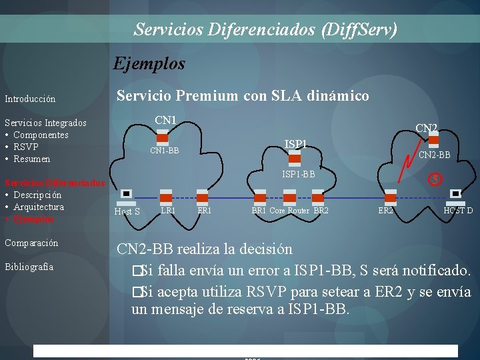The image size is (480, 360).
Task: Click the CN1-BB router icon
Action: tap(162, 138)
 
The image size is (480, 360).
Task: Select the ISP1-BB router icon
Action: tap(291, 161)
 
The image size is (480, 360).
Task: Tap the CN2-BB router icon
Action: tap(434, 139)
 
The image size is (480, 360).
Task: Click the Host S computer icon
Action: tap(125, 195)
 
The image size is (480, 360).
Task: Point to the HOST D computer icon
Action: tap(457, 195)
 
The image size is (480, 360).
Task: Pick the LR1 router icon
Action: tap(165, 196)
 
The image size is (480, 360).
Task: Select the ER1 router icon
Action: tap(203, 196)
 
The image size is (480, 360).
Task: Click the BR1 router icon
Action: tap(259, 196)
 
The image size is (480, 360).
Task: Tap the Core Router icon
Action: tap(289, 196)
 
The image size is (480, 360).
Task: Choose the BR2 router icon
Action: tap(321, 196)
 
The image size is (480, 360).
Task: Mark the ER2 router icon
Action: tap(390, 196)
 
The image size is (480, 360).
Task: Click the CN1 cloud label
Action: tap(165, 120)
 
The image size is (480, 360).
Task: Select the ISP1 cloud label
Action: tap(295, 144)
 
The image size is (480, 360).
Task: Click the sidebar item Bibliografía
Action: tap(29, 267)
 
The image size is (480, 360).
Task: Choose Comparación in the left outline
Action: tap(31, 243)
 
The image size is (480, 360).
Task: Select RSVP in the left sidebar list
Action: tap(25, 147)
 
